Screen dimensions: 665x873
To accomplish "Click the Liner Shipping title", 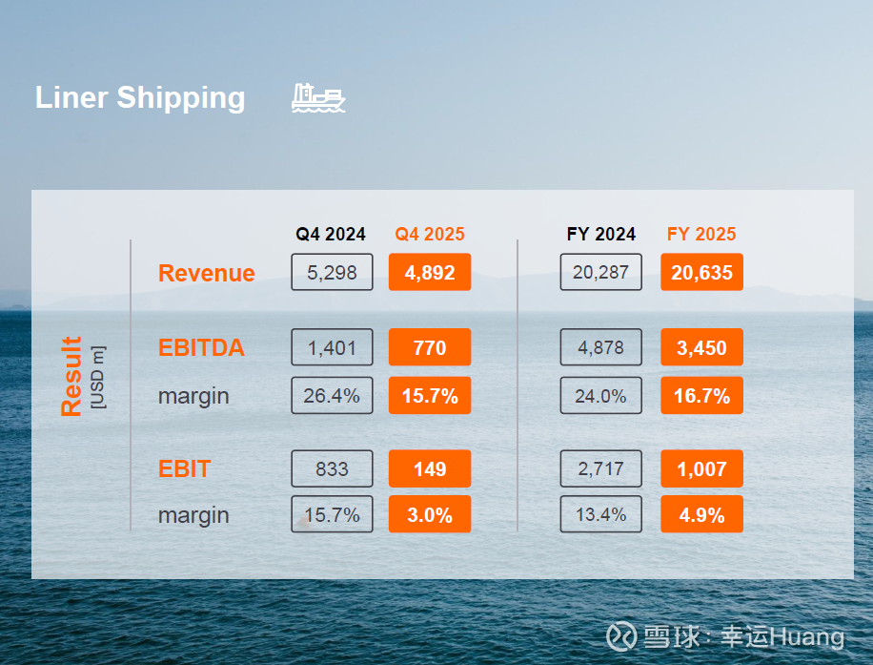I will [140, 97].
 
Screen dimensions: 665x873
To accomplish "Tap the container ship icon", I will [318, 97].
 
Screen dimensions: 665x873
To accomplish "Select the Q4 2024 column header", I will [331, 234].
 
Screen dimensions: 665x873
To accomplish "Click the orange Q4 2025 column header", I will [430, 234].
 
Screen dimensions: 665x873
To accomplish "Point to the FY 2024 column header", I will [601, 234].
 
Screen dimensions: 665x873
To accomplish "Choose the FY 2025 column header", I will [701, 234].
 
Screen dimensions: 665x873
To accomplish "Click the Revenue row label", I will [207, 273].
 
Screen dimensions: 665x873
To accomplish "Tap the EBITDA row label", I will [201, 348].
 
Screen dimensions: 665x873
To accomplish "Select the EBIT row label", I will [185, 468].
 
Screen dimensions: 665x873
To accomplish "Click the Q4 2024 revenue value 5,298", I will [332, 273].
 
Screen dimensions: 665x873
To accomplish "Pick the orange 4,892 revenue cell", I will [430, 273].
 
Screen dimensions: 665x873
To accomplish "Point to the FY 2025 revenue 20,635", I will [701, 273].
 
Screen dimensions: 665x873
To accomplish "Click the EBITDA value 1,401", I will [332, 348].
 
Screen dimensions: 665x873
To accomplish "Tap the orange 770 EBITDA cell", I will [430, 348].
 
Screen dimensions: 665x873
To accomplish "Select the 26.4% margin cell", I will [332, 395].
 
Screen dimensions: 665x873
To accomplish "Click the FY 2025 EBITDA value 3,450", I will [701, 348].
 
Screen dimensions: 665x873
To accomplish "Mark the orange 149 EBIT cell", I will [430, 468].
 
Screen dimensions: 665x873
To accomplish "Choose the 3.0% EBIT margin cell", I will [430, 515].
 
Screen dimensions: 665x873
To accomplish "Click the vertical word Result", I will [71, 376].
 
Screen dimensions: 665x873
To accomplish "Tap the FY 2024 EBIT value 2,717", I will [601, 468].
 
